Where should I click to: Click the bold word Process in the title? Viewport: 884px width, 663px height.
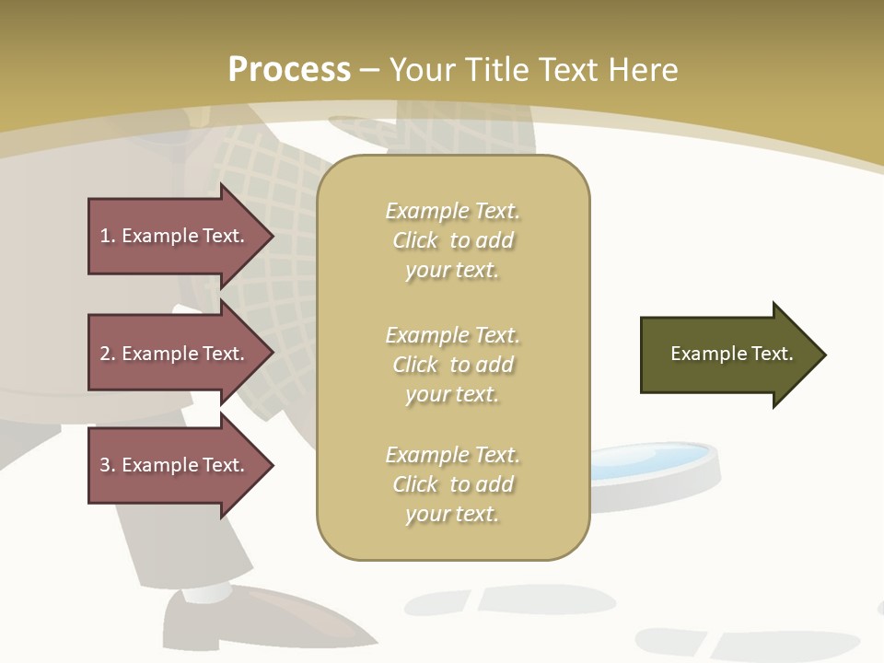tap(289, 70)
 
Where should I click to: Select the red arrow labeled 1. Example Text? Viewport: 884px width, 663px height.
tap(171, 236)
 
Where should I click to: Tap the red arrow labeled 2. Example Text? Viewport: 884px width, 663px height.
tap(171, 354)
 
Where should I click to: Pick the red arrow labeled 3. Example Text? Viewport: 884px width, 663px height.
tap(171, 465)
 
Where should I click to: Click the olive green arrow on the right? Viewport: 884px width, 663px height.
tap(718, 355)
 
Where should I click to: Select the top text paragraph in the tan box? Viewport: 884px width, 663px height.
tap(452, 240)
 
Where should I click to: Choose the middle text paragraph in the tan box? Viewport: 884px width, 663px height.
tap(452, 365)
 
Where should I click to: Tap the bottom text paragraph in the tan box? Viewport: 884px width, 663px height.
tap(452, 484)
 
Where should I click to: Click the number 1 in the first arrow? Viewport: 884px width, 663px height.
tap(106, 236)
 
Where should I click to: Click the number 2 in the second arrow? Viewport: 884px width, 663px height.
tap(106, 354)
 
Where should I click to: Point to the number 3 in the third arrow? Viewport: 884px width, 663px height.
tap(106, 465)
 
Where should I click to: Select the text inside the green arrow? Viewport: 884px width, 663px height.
tap(731, 354)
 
